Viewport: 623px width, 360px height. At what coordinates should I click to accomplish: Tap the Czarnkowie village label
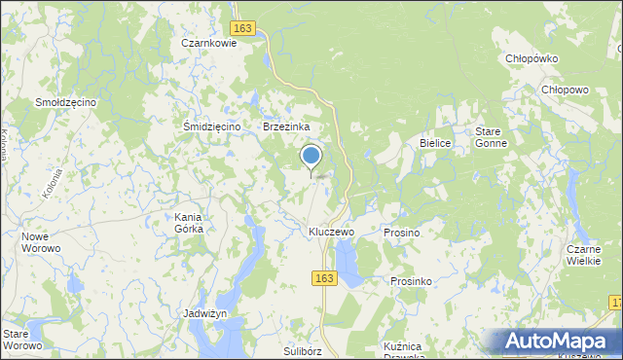[209, 43]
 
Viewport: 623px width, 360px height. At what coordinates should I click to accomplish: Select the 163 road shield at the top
[243, 29]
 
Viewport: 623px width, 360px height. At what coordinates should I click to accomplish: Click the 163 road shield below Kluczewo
[325, 278]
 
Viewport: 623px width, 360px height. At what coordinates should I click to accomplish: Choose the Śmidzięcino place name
[212, 126]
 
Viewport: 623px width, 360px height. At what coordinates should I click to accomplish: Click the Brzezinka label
[286, 126]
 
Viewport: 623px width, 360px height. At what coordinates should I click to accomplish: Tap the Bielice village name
[435, 143]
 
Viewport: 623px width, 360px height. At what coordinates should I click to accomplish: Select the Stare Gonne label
[490, 137]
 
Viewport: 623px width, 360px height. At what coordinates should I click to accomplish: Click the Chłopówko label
[531, 58]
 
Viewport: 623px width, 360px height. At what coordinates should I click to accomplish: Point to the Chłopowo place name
[566, 90]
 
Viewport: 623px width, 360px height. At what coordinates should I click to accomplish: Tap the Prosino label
[401, 234]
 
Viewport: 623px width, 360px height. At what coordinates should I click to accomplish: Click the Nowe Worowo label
[41, 242]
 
